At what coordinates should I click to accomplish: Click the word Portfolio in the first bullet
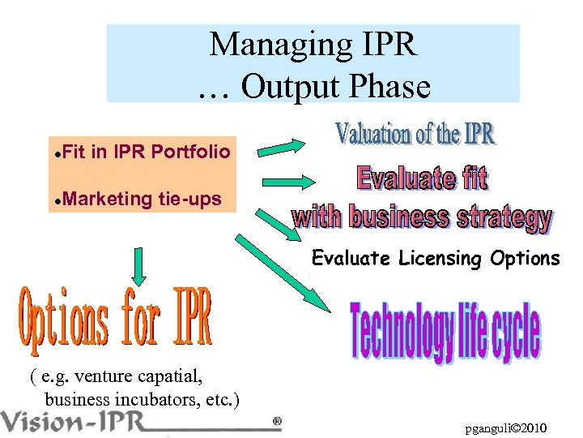click(x=190, y=152)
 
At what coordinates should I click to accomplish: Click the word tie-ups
click(x=190, y=199)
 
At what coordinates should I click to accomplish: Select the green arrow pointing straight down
click(x=138, y=266)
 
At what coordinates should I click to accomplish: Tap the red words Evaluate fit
click(x=422, y=178)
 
